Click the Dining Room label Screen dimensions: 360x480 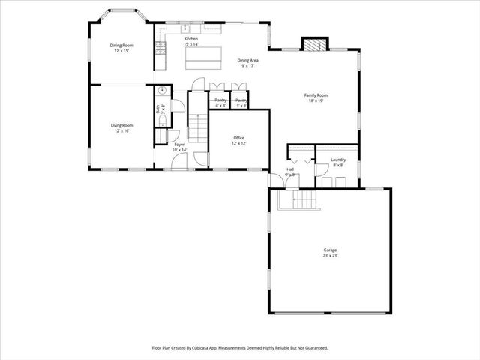pos(121,48)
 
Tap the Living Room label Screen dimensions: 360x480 pos(121,127)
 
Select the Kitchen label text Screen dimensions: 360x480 pos(190,42)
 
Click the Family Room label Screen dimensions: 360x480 pos(316,97)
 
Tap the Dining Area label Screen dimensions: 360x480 pos(247,62)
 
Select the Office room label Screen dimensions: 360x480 pos(238,140)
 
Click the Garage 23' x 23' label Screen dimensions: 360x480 pos(330,253)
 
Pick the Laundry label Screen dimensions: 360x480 pos(338,161)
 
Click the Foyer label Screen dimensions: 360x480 pos(179,147)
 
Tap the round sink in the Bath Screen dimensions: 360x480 pos(159,91)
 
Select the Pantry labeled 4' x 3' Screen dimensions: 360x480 pos(220,102)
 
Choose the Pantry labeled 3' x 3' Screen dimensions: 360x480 pos(241,102)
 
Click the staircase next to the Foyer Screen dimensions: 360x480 pos(196,127)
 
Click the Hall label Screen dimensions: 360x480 pos(290,172)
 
